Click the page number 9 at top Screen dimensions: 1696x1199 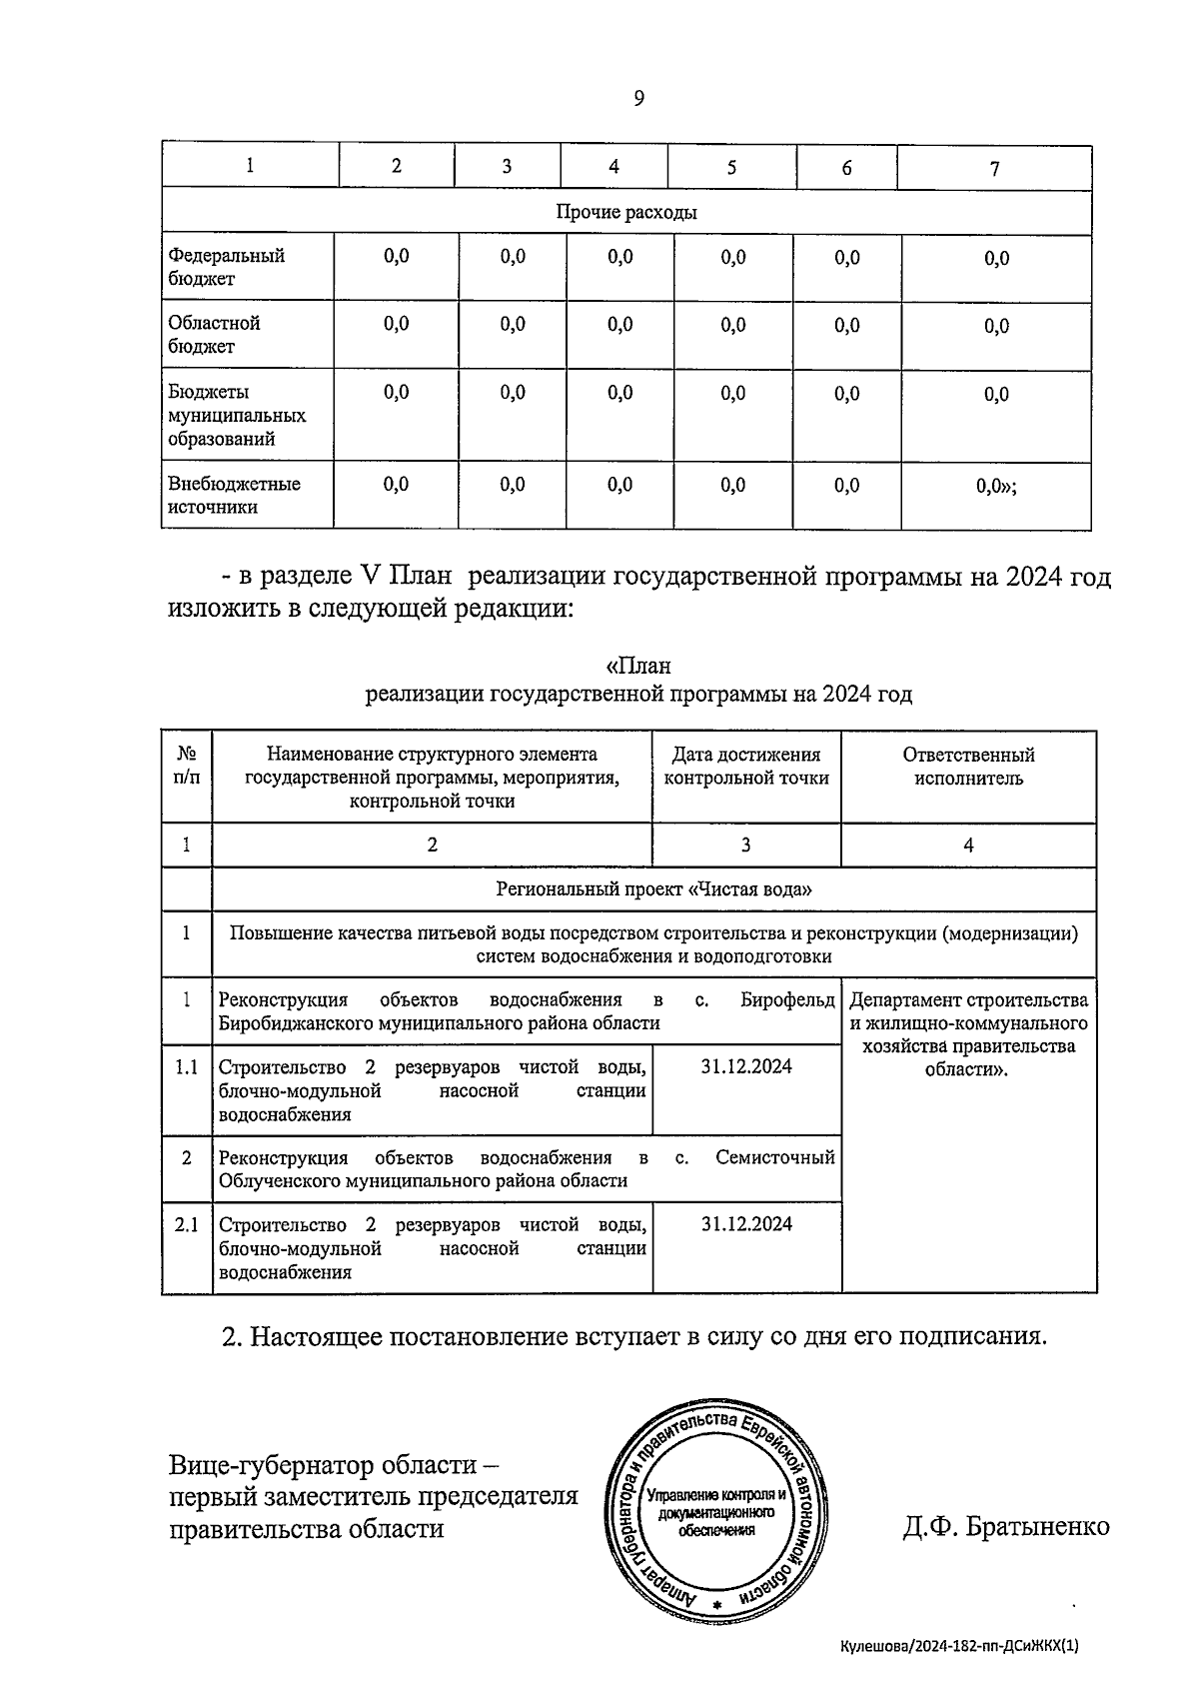click(x=638, y=98)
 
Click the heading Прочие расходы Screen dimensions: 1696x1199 click(x=626, y=212)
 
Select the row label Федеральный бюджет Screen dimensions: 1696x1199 click(x=226, y=267)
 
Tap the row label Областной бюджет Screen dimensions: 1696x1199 click(x=214, y=335)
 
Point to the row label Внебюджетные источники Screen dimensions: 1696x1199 click(x=234, y=495)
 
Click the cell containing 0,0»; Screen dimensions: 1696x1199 click(x=996, y=487)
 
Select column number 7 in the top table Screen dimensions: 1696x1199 click(x=994, y=169)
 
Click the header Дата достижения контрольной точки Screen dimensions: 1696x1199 click(x=746, y=767)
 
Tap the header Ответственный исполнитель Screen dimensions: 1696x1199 click(x=968, y=767)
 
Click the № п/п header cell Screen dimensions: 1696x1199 click(x=187, y=767)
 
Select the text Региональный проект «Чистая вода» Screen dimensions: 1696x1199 click(x=653, y=889)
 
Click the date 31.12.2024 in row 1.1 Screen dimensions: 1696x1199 click(x=746, y=1066)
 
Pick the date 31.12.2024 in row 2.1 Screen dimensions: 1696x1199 click(x=746, y=1224)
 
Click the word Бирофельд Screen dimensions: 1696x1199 click(x=787, y=999)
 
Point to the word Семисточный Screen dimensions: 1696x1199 click(x=774, y=1157)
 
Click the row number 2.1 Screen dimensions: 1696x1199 click(x=187, y=1224)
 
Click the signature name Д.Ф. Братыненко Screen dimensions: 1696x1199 click(x=1006, y=1527)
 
